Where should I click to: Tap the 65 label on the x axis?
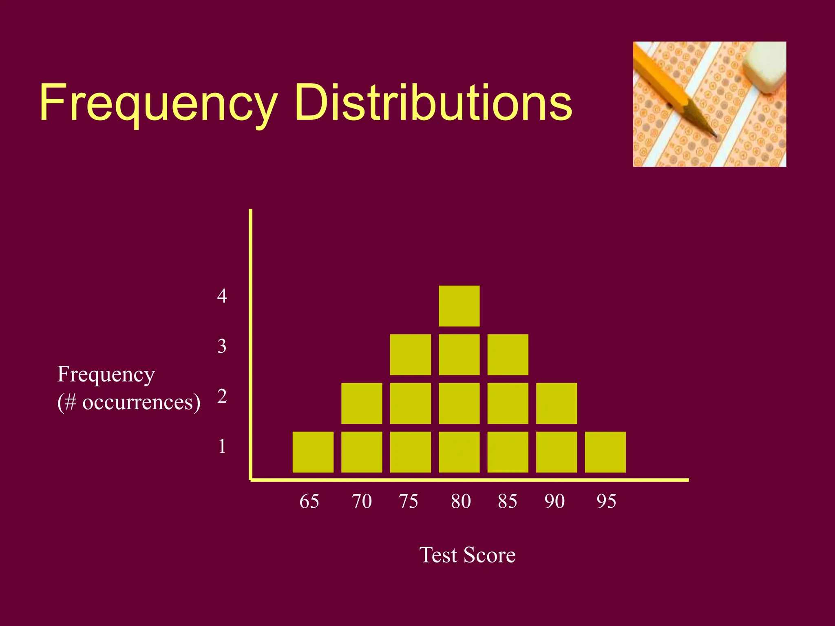tap(309, 501)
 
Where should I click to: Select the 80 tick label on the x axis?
tap(461, 501)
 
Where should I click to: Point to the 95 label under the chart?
tap(606, 501)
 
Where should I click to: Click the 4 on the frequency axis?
tap(222, 296)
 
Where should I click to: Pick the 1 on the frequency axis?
tap(222, 446)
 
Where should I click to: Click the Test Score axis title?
tap(467, 555)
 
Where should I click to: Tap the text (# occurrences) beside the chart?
tap(129, 402)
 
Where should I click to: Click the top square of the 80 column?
tap(459, 306)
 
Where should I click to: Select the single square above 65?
tap(313, 452)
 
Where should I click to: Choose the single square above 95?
tap(605, 452)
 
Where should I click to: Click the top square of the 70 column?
tap(362, 403)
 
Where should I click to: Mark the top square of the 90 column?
tap(557, 403)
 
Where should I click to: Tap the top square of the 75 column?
tap(410, 355)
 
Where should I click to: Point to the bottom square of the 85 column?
tap(508, 452)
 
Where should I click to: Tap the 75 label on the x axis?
tap(409, 501)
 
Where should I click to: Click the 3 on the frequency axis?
tap(222, 346)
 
